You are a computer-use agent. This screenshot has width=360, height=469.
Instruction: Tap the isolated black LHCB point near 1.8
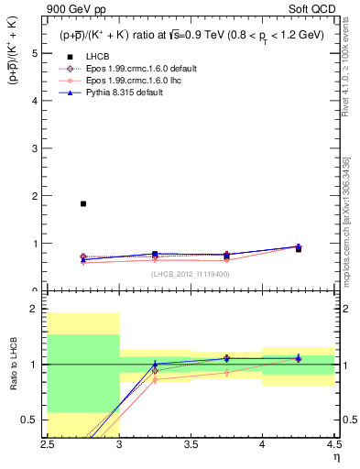coord(83,203)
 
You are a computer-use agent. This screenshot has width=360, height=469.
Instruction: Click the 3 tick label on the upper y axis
coord(36,148)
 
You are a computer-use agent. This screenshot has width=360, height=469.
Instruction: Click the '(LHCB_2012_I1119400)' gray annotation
coord(191,274)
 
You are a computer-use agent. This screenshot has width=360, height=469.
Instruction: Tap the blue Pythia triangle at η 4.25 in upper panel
coord(298,246)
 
